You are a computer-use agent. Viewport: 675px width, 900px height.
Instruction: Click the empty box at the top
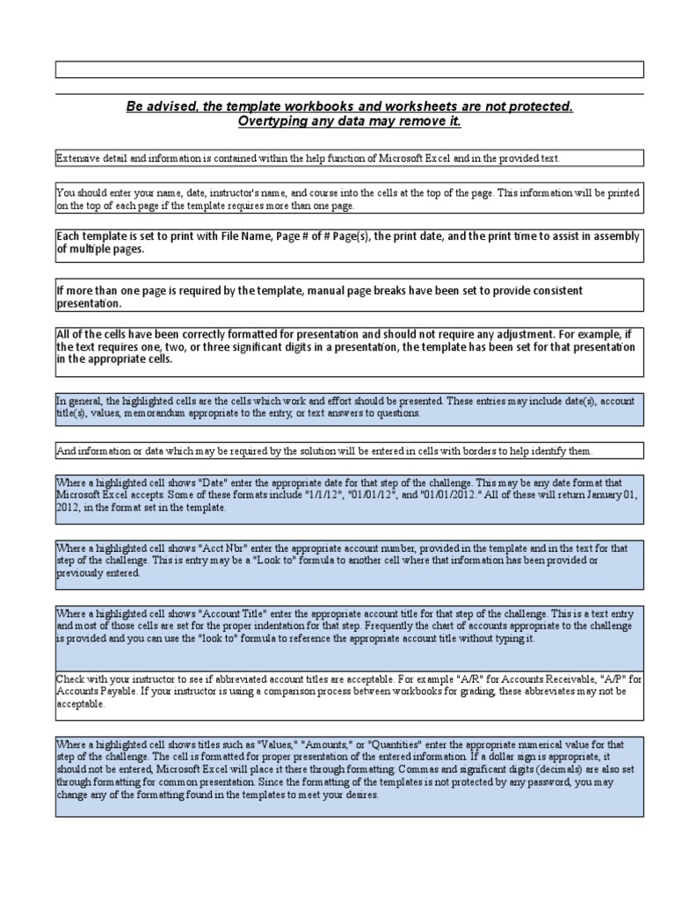click(349, 69)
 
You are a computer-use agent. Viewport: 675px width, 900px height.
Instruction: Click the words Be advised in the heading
click(161, 106)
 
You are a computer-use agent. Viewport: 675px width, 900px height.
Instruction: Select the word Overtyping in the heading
click(272, 121)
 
